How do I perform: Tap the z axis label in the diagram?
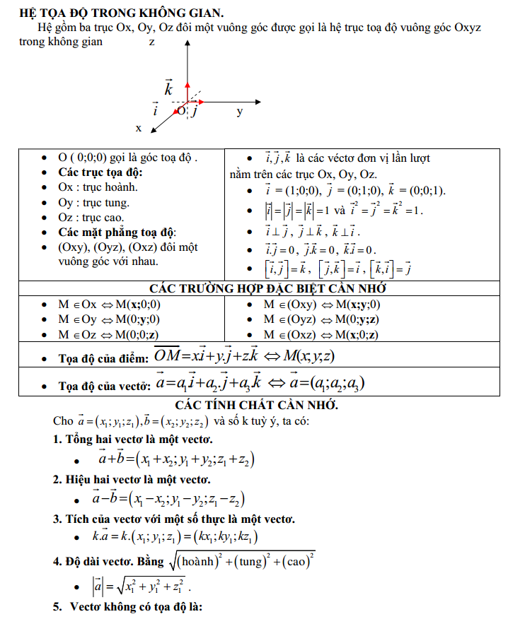tap(152, 42)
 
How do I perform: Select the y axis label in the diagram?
tap(240, 112)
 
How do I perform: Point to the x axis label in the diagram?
tap(139, 129)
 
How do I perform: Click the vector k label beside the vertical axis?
tap(168, 88)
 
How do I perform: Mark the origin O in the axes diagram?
tap(182, 110)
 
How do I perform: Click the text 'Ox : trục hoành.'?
tap(98, 187)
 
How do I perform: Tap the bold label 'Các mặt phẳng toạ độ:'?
tap(117, 232)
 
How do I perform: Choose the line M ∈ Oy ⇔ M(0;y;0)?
tap(109, 319)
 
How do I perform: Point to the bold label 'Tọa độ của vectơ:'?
tap(105, 387)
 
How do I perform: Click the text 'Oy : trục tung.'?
tap(94, 203)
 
